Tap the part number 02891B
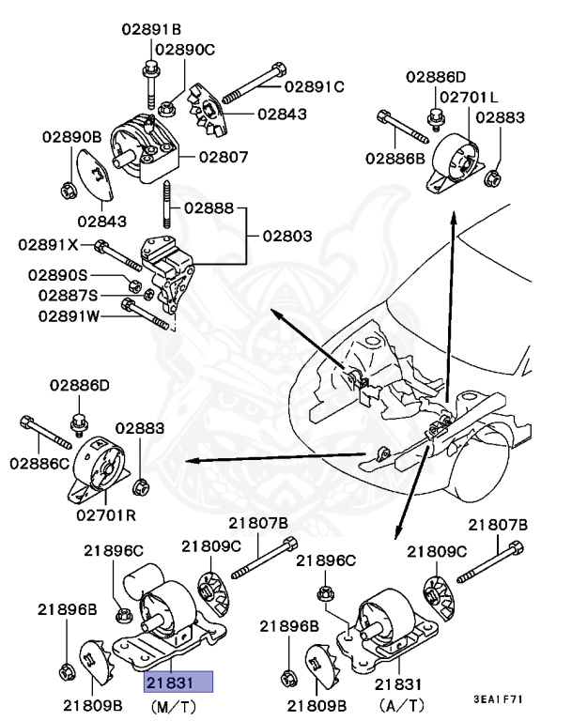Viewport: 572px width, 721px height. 151,29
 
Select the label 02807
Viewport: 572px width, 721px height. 224,158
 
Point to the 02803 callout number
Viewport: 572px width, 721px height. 287,236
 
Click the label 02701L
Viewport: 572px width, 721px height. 469,97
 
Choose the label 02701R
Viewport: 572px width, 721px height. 106,515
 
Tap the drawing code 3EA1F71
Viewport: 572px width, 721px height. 499,699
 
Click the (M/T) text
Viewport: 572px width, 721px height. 173,706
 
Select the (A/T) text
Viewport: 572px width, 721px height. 401,705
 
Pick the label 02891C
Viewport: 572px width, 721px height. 315,86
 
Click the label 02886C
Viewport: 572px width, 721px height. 39,464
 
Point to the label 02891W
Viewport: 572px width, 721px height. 69,316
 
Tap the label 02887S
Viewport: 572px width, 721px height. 69,295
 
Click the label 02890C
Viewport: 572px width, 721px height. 185,49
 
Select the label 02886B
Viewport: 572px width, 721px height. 395,159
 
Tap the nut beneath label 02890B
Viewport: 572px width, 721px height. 69,190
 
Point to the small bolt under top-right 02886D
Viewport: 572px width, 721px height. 435,116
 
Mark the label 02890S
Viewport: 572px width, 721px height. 57,275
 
